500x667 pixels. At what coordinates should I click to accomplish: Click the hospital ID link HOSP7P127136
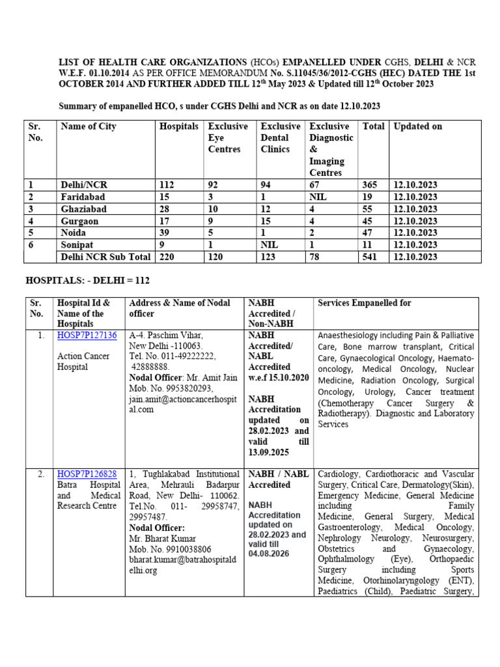pos(87,335)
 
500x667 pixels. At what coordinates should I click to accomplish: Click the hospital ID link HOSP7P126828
pos(87,474)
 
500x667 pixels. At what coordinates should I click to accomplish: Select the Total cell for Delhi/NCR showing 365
pos(369,185)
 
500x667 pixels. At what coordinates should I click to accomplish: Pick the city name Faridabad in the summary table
pos(83,197)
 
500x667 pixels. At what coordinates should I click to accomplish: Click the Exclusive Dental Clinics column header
pos(280,137)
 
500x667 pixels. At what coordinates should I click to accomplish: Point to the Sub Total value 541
pos(370,257)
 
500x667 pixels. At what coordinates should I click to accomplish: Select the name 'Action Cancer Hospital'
pos(83,362)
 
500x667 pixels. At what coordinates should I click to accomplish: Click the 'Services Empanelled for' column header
pos(364,304)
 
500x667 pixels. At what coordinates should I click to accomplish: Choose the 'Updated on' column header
pos(418,126)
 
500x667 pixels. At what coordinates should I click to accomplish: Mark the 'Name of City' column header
pos(89,126)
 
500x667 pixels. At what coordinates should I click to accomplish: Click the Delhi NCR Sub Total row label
pos(105,257)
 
